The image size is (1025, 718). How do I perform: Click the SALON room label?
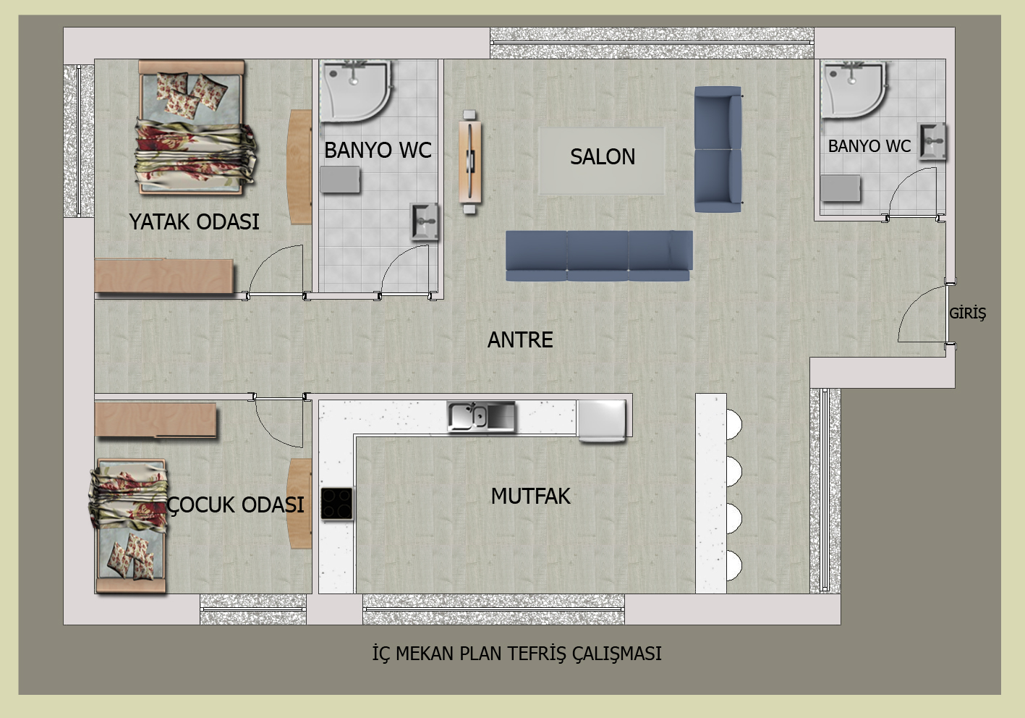point(602,156)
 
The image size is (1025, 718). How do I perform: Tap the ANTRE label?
point(520,339)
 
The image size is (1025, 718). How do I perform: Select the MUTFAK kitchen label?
point(530,496)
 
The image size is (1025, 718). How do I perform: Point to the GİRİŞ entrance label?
point(967,313)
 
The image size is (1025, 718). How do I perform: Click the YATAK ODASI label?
point(194,221)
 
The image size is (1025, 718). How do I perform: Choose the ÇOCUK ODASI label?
point(235,504)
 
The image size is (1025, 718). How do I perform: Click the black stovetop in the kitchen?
point(337,504)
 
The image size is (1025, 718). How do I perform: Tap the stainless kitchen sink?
point(481,417)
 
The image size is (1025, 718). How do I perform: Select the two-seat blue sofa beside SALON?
point(718,149)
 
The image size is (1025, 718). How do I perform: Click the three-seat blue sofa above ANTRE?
point(599,255)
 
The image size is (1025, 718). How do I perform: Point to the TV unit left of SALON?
point(470,162)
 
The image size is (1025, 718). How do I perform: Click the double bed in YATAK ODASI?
point(195,128)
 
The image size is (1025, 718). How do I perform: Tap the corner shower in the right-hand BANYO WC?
point(854,90)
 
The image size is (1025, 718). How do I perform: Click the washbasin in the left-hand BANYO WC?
point(424,222)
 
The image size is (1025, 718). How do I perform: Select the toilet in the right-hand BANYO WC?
point(840,189)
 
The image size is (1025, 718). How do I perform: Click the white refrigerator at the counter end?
point(602,421)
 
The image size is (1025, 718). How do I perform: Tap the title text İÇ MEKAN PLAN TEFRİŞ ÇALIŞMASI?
point(516,654)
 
